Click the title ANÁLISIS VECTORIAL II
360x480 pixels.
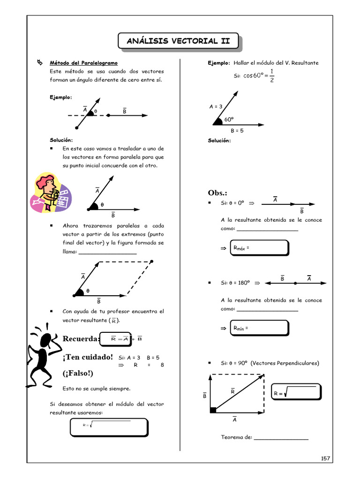click(178, 41)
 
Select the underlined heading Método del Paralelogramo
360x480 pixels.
click(84, 63)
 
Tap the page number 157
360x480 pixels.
click(326, 458)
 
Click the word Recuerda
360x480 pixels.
click(81, 339)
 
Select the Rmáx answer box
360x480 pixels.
click(259, 248)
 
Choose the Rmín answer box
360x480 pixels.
click(259, 328)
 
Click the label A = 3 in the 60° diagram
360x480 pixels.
click(216, 106)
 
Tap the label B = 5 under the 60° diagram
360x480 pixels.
click(237, 130)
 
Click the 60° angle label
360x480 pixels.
click(229, 119)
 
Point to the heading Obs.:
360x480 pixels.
click(217, 193)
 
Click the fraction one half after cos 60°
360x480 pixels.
click(272, 75)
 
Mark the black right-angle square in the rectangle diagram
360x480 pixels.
click(213, 410)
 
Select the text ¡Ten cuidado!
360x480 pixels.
click(88, 357)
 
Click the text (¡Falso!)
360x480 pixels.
click(78, 373)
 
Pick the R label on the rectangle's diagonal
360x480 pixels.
click(232, 391)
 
